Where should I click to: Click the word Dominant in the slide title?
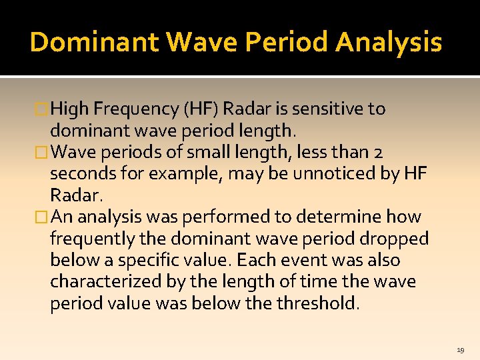click(x=94, y=42)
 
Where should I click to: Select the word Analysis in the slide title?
click(x=389, y=42)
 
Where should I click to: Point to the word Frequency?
click(x=141, y=109)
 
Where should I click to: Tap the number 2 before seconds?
click(x=378, y=152)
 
